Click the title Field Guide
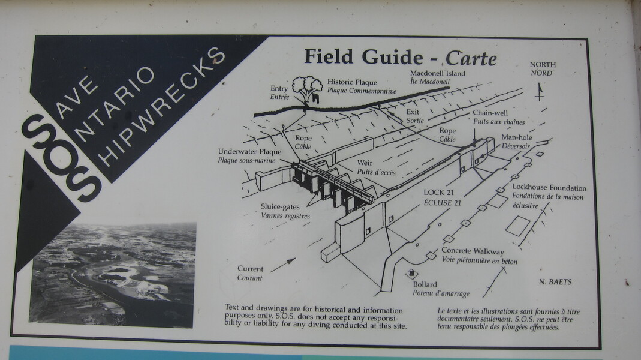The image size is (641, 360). point(363,57)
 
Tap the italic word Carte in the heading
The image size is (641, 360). point(471,58)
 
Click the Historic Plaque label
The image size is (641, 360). point(352,82)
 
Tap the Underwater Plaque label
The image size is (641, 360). point(249,152)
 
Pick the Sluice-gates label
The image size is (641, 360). point(280,207)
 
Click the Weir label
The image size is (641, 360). point(365,163)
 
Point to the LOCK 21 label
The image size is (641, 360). point(439,192)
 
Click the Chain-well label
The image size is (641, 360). point(490,113)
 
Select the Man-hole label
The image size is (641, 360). point(517,137)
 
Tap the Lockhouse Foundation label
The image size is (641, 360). point(549,188)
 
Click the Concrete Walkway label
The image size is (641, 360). point(473,251)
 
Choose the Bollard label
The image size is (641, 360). point(425,284)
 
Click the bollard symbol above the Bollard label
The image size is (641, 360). point(412,273)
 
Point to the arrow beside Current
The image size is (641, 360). point(282,265)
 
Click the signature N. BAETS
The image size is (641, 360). point(555,282)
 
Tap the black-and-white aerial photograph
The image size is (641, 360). point(112,275)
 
